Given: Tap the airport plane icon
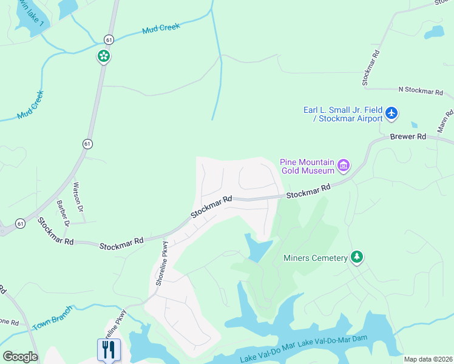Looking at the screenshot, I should pyautogui.click(x=392, y=113).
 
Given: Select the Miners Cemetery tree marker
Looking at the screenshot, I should pyautogui.click(x=357, y=258).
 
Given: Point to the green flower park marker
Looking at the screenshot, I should pyautogui.click(x=104, y=56).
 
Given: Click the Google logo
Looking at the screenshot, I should pyautogui.click(x=20, y=357).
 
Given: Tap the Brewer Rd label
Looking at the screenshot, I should pyautogui.click(x=408, y=136).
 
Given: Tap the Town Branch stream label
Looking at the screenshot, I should pyautogui.click(x=53, y=318).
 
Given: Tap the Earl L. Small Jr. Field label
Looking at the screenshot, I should pyautogui.click(x=344, y=114).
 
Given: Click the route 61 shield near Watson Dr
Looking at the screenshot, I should pyautogui.click(x=88, y=144).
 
